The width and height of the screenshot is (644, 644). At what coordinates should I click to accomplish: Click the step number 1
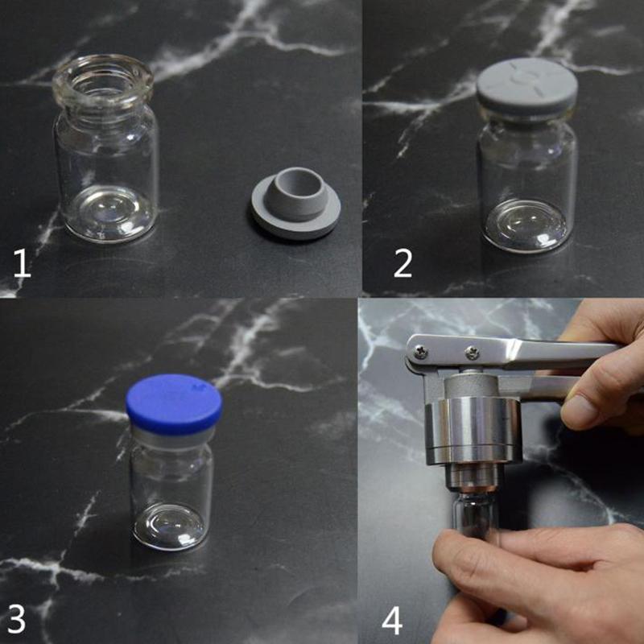click(23, 263)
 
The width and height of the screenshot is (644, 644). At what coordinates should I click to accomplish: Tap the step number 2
click(402, 263)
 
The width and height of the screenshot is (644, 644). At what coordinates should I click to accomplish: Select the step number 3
click(16, 618)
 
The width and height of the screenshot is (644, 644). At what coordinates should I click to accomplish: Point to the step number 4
click(392, 621)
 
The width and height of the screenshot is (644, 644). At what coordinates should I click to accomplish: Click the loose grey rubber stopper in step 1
click(295, 203)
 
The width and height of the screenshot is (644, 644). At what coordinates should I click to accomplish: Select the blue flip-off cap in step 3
click(174, 404)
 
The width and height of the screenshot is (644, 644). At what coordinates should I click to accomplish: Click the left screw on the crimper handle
click(420, 351)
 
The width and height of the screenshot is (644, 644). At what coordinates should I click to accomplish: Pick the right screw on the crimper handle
click(473, 353)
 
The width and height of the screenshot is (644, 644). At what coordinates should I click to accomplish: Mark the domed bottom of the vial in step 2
click(526, 226)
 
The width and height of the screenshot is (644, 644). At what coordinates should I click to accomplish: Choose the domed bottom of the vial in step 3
click(169, 527)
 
